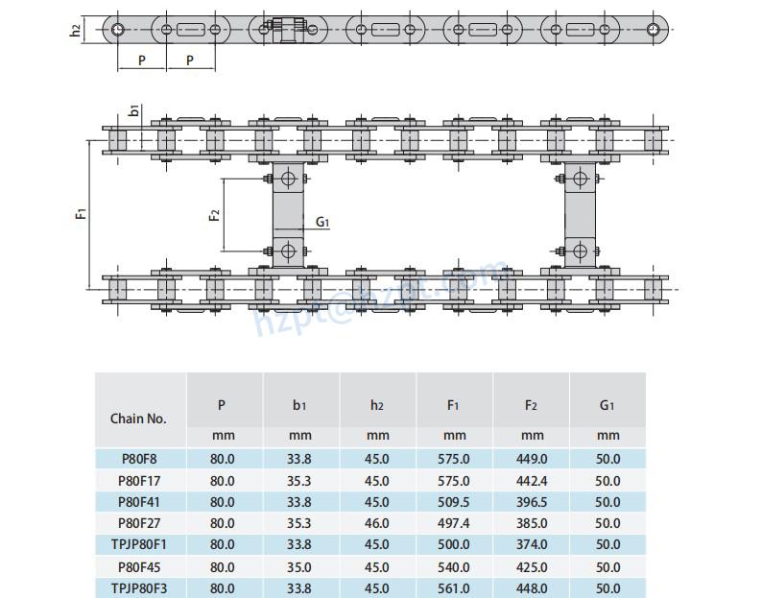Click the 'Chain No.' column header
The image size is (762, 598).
138,419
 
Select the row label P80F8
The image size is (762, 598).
138,459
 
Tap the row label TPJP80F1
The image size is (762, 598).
138,544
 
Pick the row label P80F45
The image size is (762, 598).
138,566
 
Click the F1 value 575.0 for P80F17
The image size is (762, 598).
454,481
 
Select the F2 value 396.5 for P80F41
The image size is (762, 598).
531,502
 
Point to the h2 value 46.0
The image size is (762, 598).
377,523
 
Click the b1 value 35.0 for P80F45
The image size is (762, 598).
299,566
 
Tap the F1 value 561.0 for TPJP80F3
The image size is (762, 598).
454,588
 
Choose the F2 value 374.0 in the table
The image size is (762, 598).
531,544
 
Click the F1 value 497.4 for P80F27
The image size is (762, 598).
454,523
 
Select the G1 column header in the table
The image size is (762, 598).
607,406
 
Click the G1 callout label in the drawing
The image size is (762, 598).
322,223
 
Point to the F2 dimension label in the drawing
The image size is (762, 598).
215,214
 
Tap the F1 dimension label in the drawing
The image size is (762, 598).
82,212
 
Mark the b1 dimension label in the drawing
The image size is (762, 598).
134,110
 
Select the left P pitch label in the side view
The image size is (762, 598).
142,60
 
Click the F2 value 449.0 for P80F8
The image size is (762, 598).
531,459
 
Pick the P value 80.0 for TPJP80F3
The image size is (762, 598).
222,588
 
